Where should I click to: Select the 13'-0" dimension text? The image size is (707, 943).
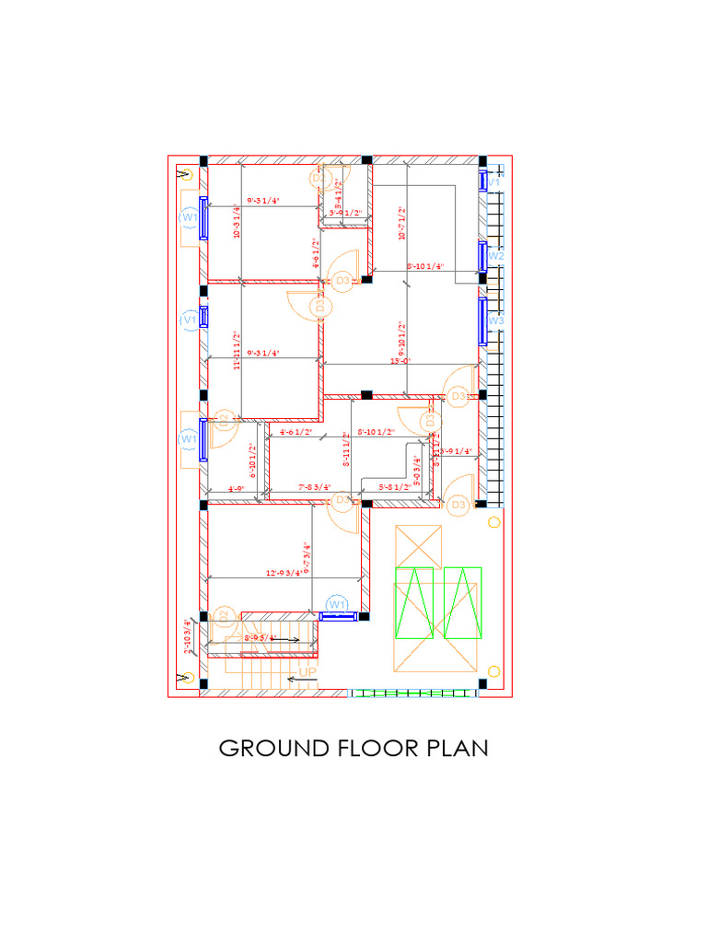pyautogui.click(x=400, y=361)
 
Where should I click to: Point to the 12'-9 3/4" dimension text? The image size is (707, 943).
pyautogui.click(x=284, y=574)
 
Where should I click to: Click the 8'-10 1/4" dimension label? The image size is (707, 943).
pyautogui.click(x=424, y=267)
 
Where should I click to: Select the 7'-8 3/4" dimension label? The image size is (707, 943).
pyautogui.click(x=316, y=487)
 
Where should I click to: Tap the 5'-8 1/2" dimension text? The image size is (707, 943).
pyautogui.click(x=395, y=487)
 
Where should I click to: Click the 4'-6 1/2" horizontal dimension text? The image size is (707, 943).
pyautogui.click(x=296, y=431)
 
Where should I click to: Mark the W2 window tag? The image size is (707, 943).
pyautogui.click(x=495, y=256)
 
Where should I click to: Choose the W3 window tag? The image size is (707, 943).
pyautogui.click(x=495, y=320)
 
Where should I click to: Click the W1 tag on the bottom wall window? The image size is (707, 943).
pyautogui.click(x=338, y=604)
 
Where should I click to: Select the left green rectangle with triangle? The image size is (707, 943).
pyautogui.click(x=414, y=603)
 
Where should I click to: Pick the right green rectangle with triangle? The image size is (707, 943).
pyautogui.click(x=462, y=603)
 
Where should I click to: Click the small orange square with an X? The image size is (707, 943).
pyautogui.click(x=418, y=545)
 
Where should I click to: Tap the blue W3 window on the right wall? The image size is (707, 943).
pyautogui.click(x=481, y=320)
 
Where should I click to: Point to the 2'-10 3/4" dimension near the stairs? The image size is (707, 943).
pyautogui.click(x=188, y=635)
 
